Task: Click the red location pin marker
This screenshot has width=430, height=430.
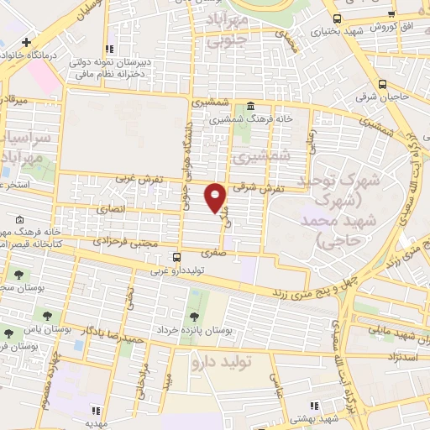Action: pos(217,197)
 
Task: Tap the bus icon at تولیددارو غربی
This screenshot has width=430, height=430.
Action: pos(176,257)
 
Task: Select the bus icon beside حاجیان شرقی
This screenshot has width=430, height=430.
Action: pos(383,84)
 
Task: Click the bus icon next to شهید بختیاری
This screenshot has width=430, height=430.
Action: pos(336,18)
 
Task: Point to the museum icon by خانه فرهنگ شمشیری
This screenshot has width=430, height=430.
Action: pos(251,106)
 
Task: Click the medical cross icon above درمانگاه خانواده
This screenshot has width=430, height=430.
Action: pos(27,41)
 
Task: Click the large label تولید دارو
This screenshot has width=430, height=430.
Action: pos(222,363)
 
